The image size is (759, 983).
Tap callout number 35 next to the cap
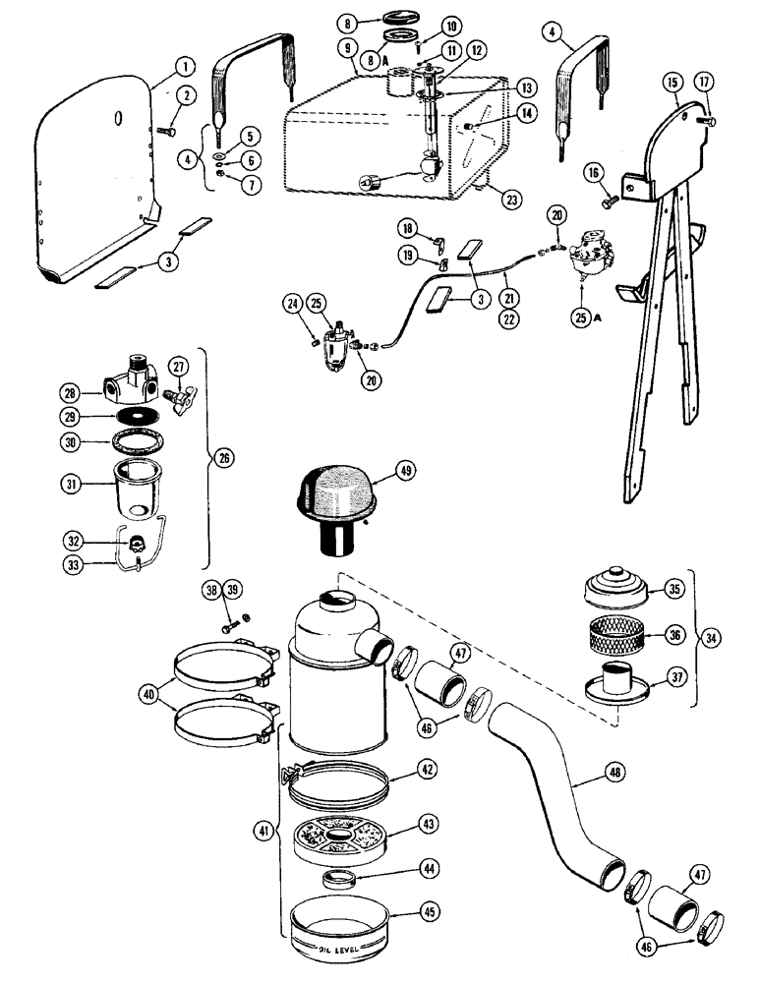[x=673, y=589]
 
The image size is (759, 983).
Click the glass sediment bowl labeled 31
[x=135, y=489]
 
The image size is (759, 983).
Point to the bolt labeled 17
[x=707, y=121]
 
